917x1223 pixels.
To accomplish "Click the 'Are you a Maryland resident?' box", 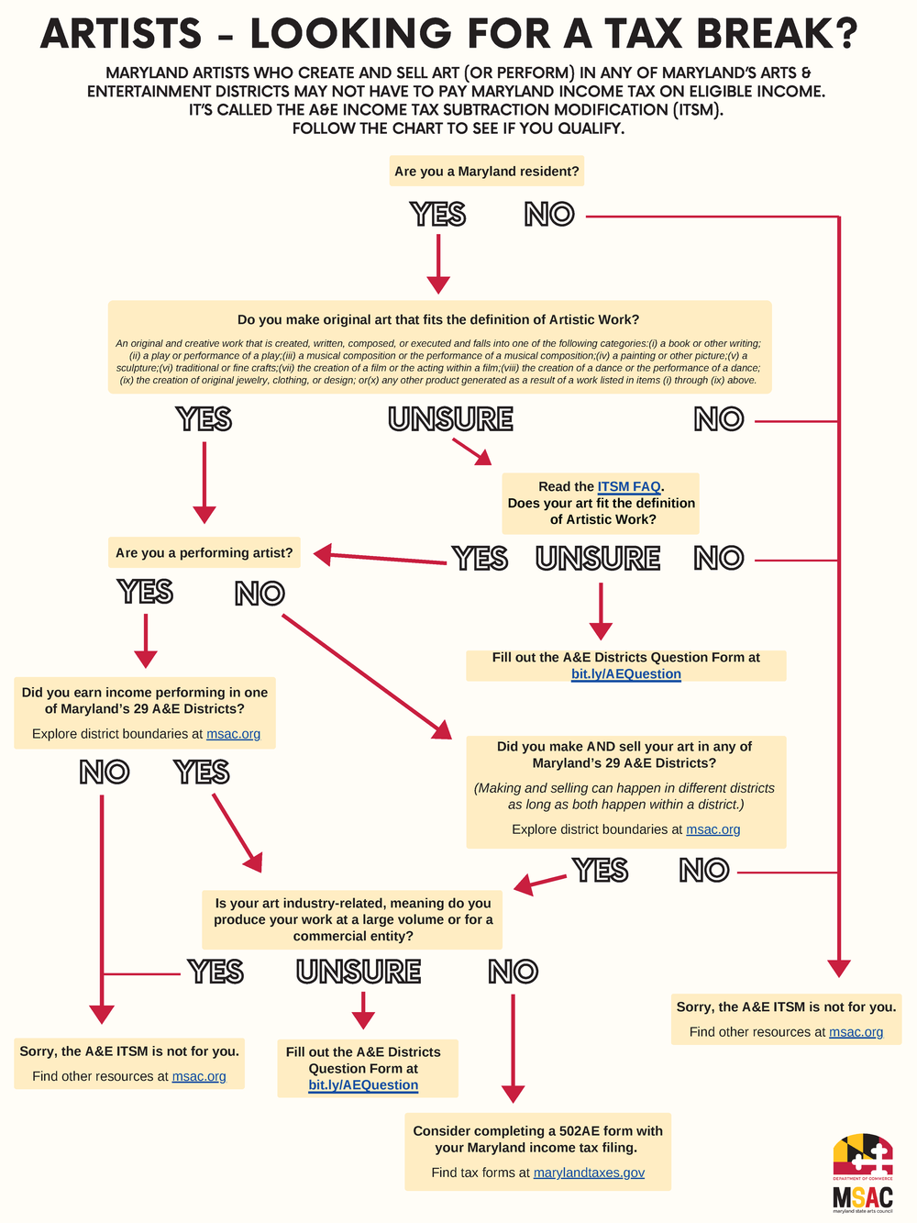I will click(x=486, y=172).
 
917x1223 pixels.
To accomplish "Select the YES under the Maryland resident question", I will click(x=438, y=215).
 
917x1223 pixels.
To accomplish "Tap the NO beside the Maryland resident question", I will click(x=549, y=215).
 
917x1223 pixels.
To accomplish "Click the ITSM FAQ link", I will click(x=629, y=487).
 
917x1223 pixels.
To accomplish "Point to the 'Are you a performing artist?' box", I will click(x=204, y=553).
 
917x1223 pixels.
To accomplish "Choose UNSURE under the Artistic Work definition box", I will click(x=450, y=419).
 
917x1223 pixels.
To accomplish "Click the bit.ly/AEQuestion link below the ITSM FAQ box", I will click(x=626, y=674).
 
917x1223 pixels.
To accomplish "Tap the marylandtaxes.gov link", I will click(x=589, y=1173).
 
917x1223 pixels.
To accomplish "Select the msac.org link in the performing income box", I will click(x=233, y=734).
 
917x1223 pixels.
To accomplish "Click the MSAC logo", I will click(x=862, y=1173).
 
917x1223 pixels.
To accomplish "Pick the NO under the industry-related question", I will click(x=513, y=972).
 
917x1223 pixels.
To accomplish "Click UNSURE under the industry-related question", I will click(x=359, y=972).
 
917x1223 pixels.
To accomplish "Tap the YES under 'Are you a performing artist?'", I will click(x=146, y=593).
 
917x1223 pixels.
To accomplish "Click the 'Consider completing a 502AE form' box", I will click(x=537, y=1151).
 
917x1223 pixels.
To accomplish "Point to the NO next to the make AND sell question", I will click(x=704, y=871).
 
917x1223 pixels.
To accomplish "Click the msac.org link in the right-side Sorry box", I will click(x=856, y=1032).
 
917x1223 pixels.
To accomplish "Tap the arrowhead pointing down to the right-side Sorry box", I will click(x=838, y=969).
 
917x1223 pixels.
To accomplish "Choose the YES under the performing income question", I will click(x=202, y=773).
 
